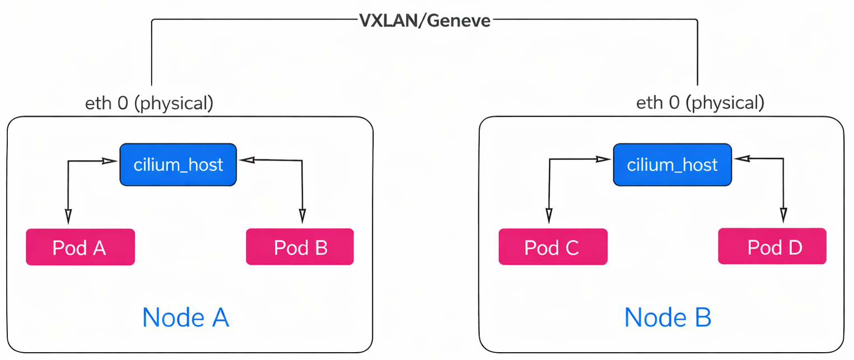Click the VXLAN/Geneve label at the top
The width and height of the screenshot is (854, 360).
424,21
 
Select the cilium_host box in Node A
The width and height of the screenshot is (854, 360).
178,165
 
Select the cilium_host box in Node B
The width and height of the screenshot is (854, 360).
671,165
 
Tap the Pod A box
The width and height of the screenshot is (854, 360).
80,247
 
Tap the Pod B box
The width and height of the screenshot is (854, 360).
300,247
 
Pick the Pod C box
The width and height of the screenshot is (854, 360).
553,247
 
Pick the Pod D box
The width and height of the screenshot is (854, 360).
772,246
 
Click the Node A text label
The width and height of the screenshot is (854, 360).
185,317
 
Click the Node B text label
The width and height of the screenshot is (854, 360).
668,317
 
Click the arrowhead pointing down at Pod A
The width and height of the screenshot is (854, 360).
68,216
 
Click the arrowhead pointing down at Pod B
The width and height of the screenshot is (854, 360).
302,216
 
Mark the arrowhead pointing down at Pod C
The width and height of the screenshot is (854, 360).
549,216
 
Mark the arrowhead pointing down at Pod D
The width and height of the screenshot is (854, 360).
783,216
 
